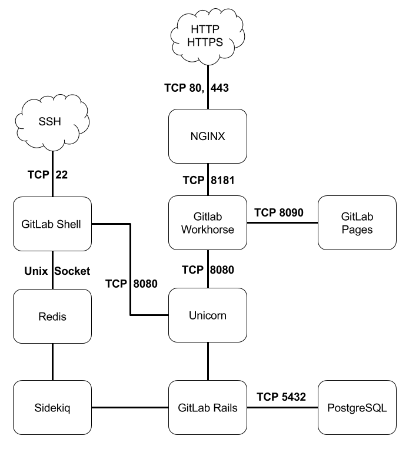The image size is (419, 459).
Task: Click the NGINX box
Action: [x=207, y=136]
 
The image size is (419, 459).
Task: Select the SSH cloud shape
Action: [x=52, y=122]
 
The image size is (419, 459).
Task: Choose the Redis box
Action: [x=52, y=316]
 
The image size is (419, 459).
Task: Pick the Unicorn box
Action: [x=207, y=315]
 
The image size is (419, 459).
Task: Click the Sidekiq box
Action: [x=52, y=407]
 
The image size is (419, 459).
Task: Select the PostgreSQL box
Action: [x=357, y=407]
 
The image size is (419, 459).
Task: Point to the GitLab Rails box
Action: [x=207, y=407]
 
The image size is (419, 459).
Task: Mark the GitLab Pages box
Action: [x=357, y=223]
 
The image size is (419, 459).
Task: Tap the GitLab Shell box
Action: [x=52, y=224]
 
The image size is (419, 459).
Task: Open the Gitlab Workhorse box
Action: [x=207, y=223]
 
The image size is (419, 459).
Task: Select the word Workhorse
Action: [x=207, y=229]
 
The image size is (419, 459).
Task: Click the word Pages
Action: [x=357, y=229]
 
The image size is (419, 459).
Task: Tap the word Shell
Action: [x=68, y=224]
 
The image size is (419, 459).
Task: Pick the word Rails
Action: [x=225, y=407]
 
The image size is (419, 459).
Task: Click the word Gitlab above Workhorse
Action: [x=207, y=217]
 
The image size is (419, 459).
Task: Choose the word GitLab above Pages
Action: [x=357, y=217]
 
